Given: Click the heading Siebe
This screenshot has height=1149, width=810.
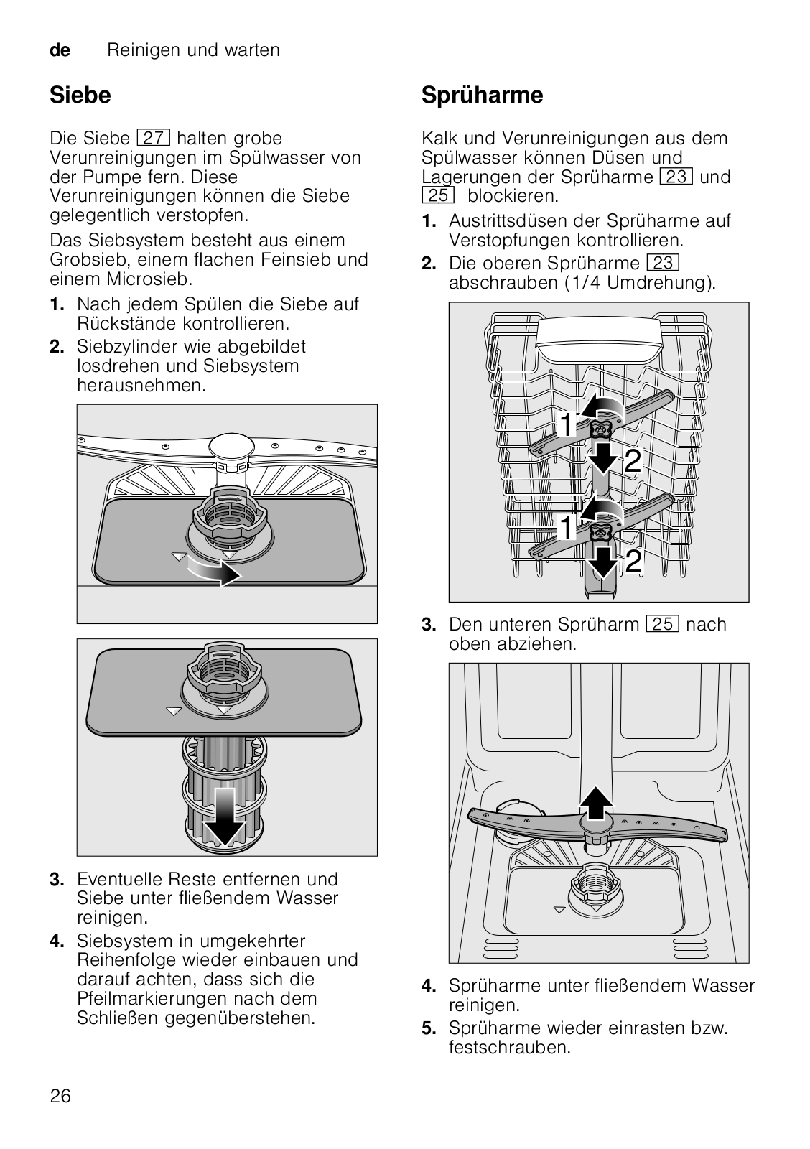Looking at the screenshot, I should point(80,95).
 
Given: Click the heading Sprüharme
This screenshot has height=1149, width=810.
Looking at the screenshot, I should point(482,95).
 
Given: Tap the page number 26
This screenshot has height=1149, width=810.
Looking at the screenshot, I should point(61,1096).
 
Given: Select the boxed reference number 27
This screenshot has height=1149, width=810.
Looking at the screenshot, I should point(152,138).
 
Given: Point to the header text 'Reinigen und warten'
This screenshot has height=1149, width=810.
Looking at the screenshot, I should point(193,50).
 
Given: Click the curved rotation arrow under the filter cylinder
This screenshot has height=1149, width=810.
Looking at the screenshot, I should point(213,572).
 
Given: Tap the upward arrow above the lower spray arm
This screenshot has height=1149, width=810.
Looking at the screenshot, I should point(596,803).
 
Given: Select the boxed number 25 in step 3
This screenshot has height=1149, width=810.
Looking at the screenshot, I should point(662,625).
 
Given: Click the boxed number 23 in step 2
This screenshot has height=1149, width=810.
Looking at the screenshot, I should point(663,264).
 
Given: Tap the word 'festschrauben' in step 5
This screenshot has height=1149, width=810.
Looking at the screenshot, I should point(509,1048).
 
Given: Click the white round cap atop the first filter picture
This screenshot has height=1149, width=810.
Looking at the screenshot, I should point(231,446).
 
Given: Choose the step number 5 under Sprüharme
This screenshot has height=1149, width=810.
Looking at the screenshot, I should point(428,1028).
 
